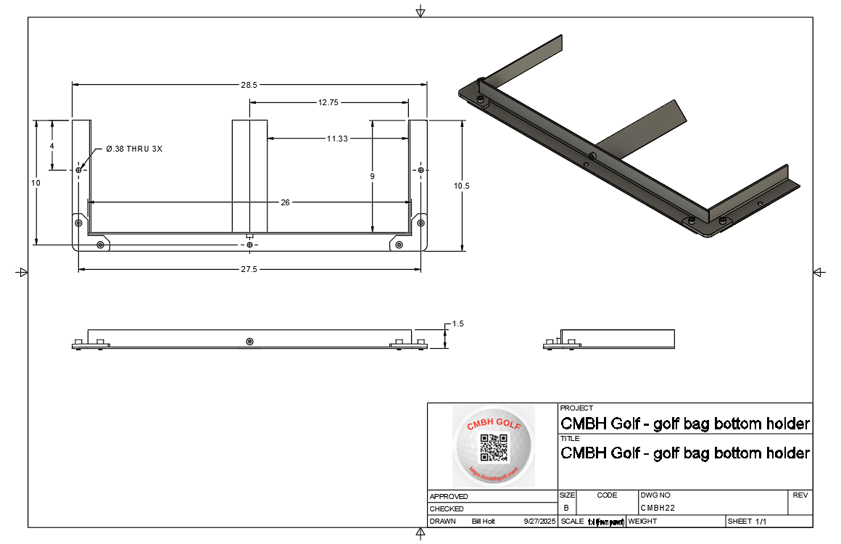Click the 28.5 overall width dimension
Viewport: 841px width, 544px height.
pyautogui.click(x=249, y=85)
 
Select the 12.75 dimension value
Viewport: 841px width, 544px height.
pyautogui.click(x=328, y=103)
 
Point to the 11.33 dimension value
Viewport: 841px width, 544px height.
pyautogui.click(x=336, y=138)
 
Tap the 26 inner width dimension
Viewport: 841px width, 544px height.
pyautogui.click(x=285, y=202)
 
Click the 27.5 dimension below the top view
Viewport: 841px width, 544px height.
pyautogui.click(x=249, y=269)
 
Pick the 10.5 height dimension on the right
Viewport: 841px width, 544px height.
pyautogui.click(x=462, y=186)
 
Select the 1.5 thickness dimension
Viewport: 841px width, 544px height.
pyautogui.click(x=457, y=323)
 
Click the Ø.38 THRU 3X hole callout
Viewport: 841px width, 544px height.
pyautogui.click(x=134, y=149)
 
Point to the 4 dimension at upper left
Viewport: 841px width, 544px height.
pyautogui.click(x=51, y=146)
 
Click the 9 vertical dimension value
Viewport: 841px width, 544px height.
pyautogui.click(x=372, y=176)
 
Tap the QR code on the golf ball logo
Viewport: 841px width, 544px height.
pyautogui.click(x=494, y=448)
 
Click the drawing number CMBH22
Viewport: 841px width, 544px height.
pyautogui.click(x=658, y=508)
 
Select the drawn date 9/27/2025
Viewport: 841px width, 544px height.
pyautogui.click(x=539, y=522)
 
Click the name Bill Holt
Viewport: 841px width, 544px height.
pyautogui.click(x=483, y=522)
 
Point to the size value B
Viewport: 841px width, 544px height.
pyautogui.click(x=565, y=508)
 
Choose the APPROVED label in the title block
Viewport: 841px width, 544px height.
pyautogui.click(x=449, y=497)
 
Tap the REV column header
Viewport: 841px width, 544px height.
pyautogui.click(x=800, y=495)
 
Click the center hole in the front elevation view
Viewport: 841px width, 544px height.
pyautogui.click(x=249, y=341)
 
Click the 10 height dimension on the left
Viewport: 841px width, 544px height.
pyautogui.click(x=36, y=183)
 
